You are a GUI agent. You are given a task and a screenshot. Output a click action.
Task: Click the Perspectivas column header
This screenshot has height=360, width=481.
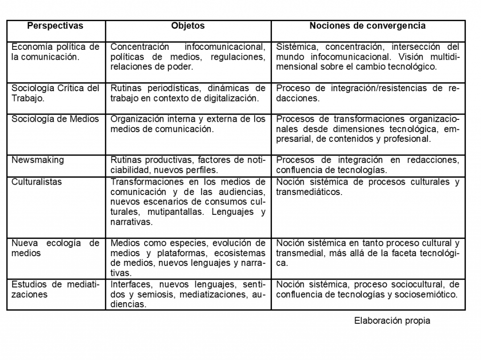(x=55, y=26)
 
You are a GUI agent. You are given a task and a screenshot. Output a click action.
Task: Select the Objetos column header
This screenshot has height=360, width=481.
(x=188, y=26)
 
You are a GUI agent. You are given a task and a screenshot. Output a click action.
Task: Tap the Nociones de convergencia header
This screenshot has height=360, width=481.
(x=367, y=26)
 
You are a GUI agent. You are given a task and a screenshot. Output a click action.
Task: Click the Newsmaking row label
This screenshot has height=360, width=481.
(x=38, y=160)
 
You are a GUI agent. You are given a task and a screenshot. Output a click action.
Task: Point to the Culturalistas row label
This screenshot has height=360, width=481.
(x=37, y=182)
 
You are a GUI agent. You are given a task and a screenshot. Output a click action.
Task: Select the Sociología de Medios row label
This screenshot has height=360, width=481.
(x=55, y=119)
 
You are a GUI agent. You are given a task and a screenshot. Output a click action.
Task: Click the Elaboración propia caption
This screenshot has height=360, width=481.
(x=392, y=321)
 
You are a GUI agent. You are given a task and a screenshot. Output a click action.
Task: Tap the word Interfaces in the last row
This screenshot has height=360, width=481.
(x=131, y=284)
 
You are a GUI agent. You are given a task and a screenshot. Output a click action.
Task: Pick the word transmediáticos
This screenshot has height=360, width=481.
(x=309, y=192)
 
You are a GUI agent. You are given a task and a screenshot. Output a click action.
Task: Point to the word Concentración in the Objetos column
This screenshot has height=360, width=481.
(x=140, y=47)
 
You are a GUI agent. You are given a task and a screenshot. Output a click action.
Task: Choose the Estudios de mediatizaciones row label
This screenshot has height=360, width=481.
(x=55, y=290)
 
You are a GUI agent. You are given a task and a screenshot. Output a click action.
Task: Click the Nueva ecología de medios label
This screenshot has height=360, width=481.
(x=55, y=248)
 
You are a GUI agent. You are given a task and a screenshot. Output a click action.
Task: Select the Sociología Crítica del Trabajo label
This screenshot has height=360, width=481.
(x=55, y=93)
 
